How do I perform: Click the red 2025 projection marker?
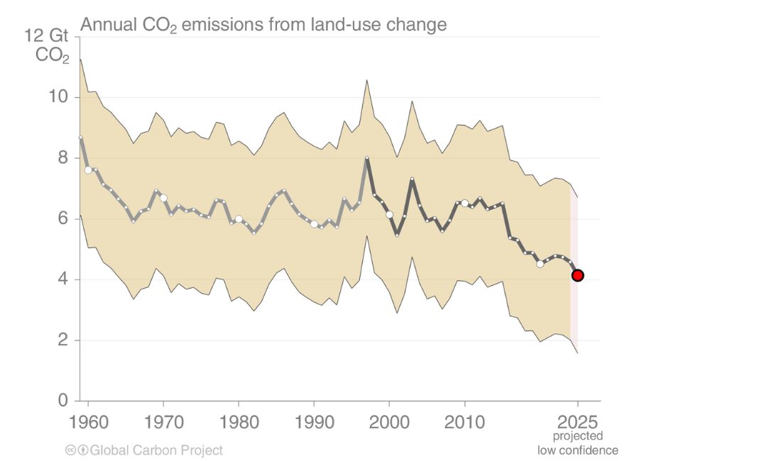pyautogui.click(x=578, y=275)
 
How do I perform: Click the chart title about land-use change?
pyautogui.click(x=263, y=25)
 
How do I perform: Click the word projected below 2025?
pyautogui.click(x=578, y=437)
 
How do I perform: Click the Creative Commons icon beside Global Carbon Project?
pyautogui.click(x=70, y=450)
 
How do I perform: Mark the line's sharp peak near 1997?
pyautogui.click(x=367, y=158)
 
